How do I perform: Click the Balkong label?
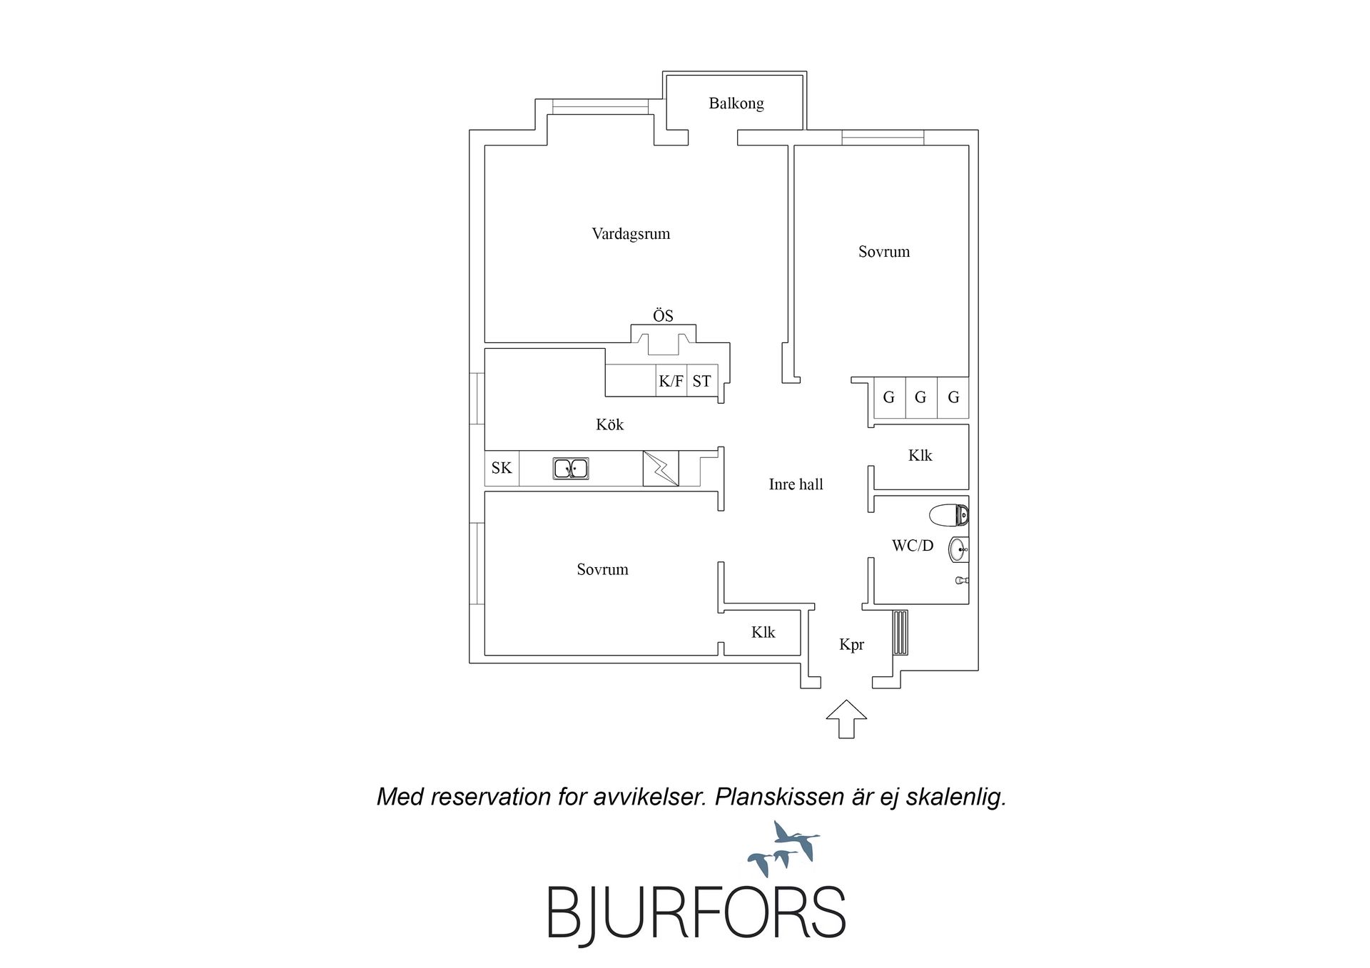[736, 103]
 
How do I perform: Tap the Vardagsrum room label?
[631, 234]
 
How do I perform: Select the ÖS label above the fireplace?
[663, 315]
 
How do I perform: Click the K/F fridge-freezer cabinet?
[671, 381]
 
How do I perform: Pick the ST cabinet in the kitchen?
[702, 381]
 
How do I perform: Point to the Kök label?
[610, 424]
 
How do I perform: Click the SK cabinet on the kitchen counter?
[502, 468]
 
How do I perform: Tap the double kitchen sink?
[571, 469]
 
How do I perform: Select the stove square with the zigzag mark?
[661, 468]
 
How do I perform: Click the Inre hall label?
[796, 484]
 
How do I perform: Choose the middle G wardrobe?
[920, 397]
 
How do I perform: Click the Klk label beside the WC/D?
[920, 455]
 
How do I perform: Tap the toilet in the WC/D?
[949, 514]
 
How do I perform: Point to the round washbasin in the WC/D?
[958, 549]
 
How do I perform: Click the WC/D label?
[913, 546]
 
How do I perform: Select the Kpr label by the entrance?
[852, 645]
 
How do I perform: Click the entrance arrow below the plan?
[846, 719]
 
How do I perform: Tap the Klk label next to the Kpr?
[763, 632]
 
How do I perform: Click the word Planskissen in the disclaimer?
[780, 797]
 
